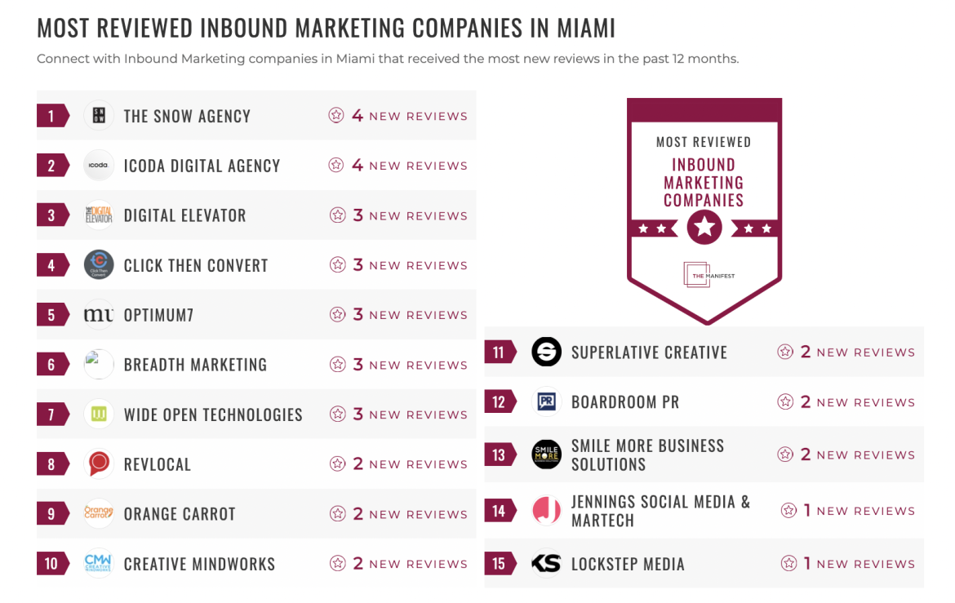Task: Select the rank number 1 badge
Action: pos(51,116)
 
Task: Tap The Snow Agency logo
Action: pos(99,116)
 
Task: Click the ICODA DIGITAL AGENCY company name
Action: pos(202,166)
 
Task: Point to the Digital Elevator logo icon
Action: pos(99,215)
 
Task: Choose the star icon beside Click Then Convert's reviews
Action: pos(337,265)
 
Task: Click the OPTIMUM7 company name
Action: pos(158,315)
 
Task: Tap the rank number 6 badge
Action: pos(51,365)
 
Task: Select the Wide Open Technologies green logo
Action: pos(99,415)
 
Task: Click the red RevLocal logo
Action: pos(99,464)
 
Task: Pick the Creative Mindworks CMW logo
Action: pos(99,564)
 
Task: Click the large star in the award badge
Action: pos(704,228)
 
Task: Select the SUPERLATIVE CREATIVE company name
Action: pos(649,352)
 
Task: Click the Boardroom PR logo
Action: pos(546,402)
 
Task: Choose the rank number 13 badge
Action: pos(499,454)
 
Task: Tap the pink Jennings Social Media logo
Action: pos(546,511)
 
